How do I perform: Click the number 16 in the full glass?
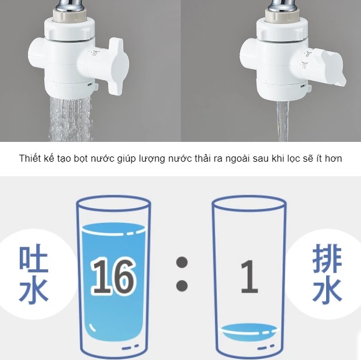coord(113,277)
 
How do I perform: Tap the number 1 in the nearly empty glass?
coord(249,276)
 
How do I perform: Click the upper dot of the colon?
coord(182,262)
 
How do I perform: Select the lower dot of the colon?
coord(182,286)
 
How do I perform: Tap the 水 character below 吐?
coord(34,290)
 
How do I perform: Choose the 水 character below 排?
coord(327,290)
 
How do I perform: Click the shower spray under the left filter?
coord(70,118)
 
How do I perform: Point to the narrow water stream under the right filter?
coord(283,121)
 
